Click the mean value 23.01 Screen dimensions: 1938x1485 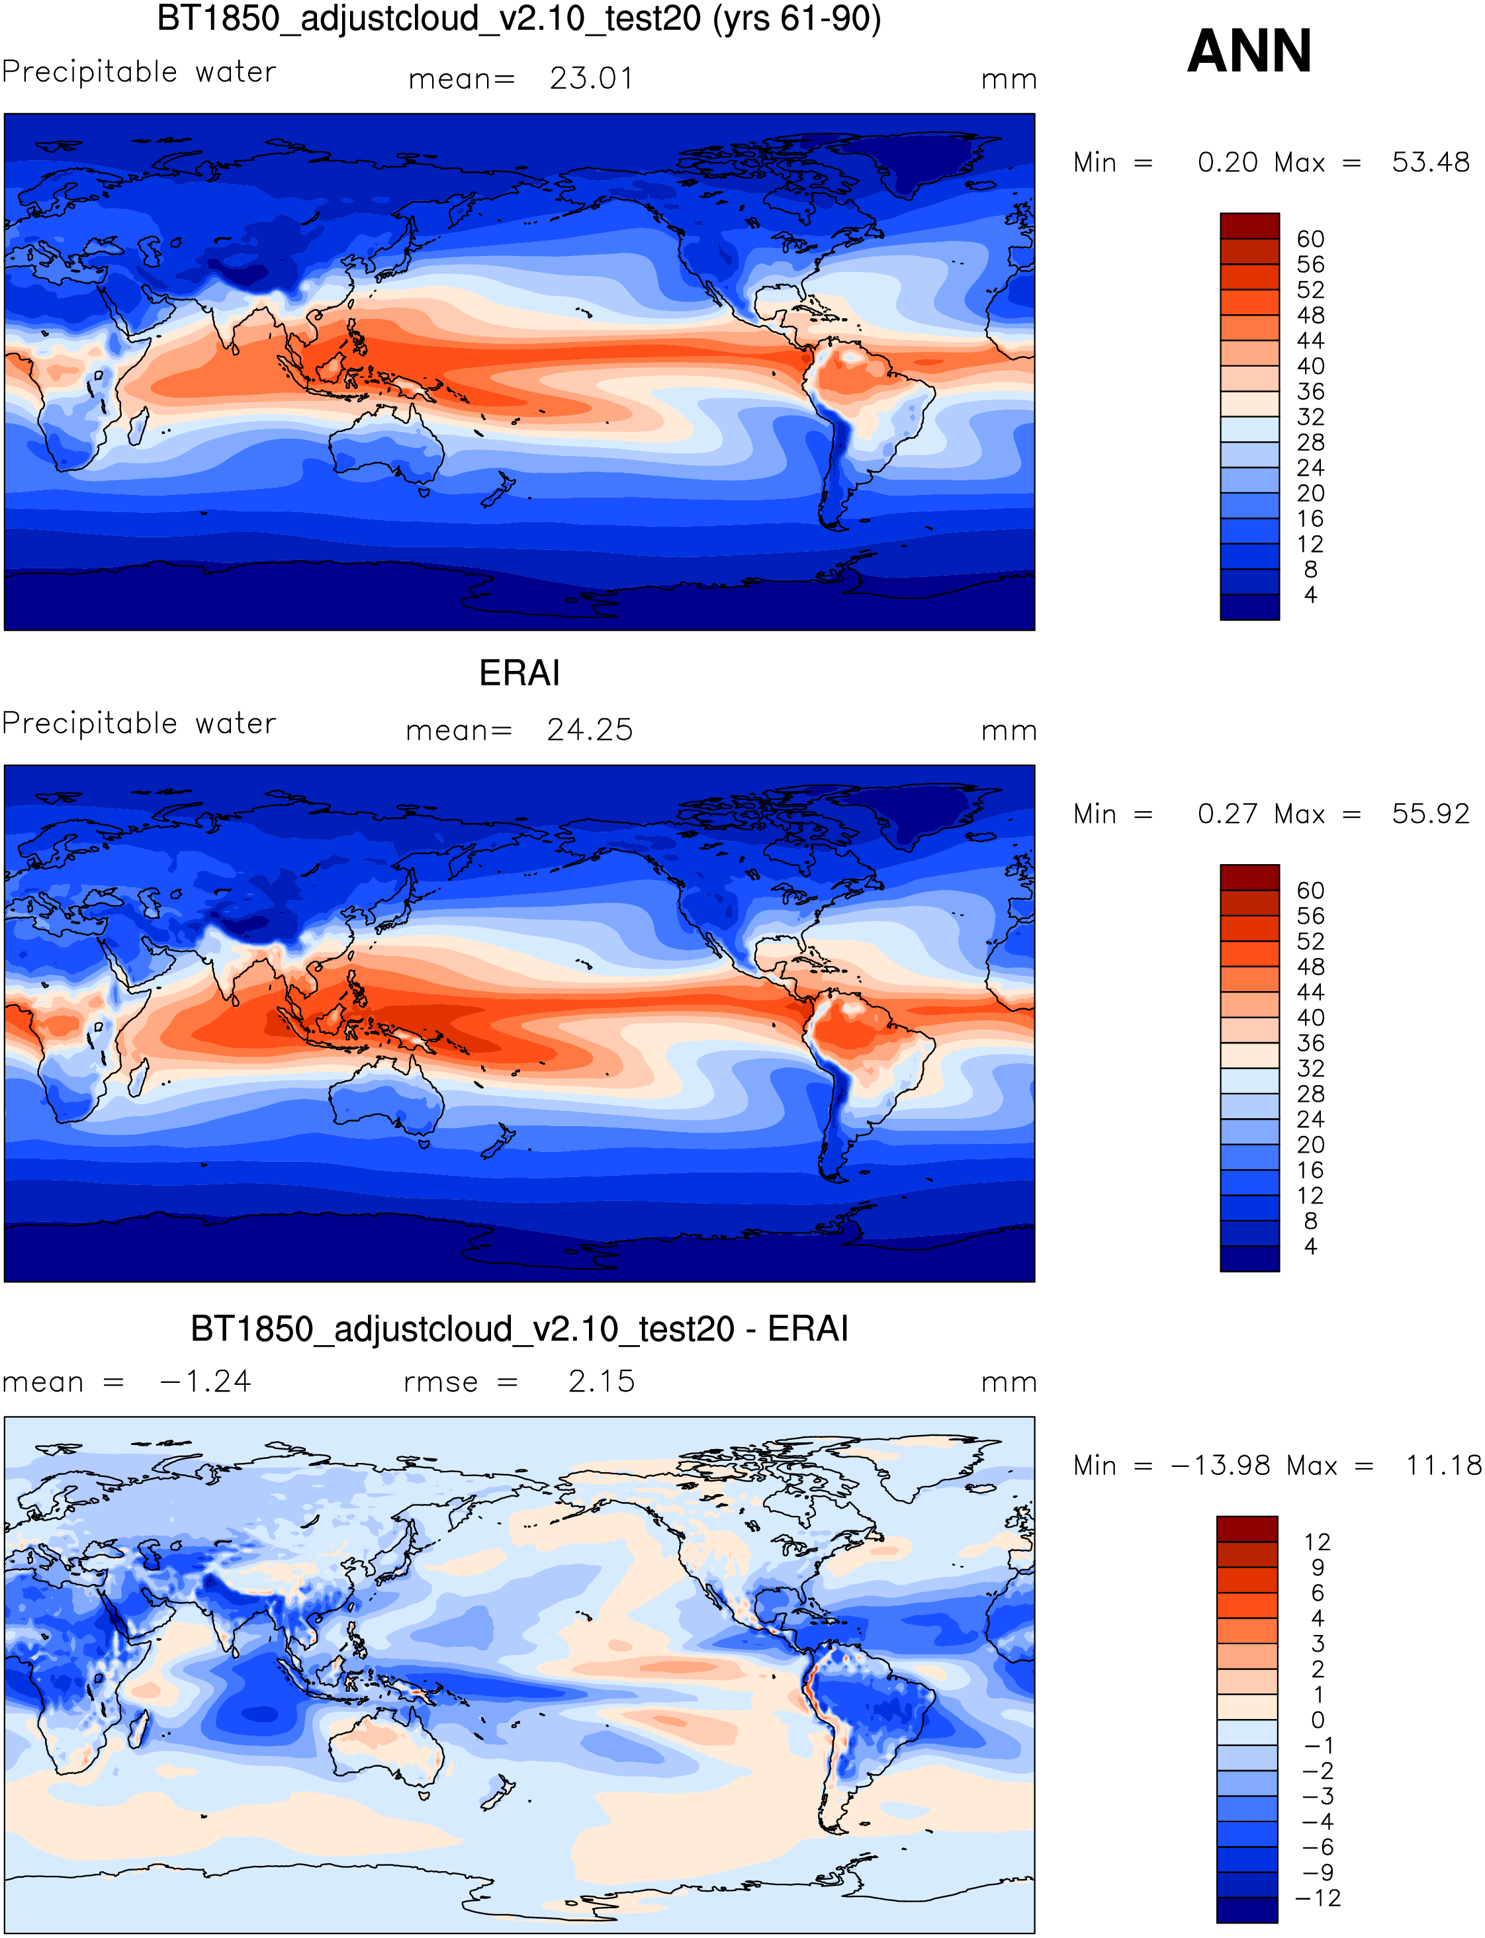pos(592,79)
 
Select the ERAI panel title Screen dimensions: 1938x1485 pos(519,674)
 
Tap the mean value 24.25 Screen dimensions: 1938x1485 pos(590,730)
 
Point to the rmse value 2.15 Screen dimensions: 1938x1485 pos(601,1382)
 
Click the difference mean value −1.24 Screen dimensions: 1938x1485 pos(205,1382)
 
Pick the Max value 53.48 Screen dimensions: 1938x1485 pos(1429,163)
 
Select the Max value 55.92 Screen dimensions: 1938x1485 pos(1429,814)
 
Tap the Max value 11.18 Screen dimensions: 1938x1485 pos(1443,1465)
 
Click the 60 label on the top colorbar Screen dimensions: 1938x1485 pos(1310,240)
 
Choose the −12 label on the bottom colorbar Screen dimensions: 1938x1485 pos(1317,1898)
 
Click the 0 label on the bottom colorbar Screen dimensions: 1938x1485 pos(1317,1720)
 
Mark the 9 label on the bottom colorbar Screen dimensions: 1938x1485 pos(1317,1567)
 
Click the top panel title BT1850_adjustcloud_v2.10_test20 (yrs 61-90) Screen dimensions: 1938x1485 pos(519,19)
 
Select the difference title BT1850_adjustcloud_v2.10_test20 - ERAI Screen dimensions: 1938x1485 pos(519,1329)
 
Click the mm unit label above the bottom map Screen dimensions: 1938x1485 pos(1009,1382)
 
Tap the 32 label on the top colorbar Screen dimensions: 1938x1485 pos(1310,417)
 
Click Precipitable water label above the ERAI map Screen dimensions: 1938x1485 pos(139,724)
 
